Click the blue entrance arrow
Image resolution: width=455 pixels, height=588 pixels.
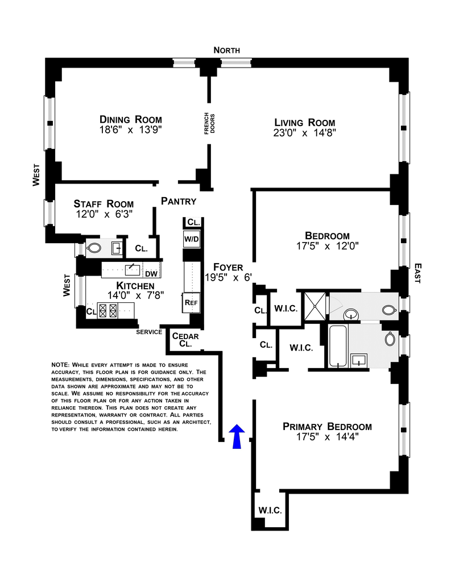click(x=237, y=436)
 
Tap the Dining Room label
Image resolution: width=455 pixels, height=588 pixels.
click(x=131, y=120)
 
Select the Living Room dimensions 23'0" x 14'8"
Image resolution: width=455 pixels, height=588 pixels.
click(x=304, y=133)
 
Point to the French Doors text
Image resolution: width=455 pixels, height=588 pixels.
click(x=209, y=123)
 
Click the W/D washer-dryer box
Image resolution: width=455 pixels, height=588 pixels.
click(x=192, y=239)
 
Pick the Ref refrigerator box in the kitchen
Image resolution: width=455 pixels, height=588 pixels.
click(x=191, y=302)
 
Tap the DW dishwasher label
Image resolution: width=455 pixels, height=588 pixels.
click(x=151, y=274)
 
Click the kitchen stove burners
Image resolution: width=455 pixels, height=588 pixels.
click(x=107, y=311)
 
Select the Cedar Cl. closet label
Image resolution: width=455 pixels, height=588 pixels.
click(x=185, y=340)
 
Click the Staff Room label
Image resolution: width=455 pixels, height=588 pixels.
click(x=104, y=204)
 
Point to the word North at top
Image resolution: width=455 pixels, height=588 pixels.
click(x=227, y=50)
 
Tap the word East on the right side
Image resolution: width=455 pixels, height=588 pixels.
click(x=418, y=273)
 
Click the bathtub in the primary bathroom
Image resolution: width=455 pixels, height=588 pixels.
click(x=338, y=346)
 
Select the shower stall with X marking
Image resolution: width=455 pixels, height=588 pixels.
click(x=315, y=306)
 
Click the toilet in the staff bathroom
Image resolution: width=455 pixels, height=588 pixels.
click(x=93, y=248)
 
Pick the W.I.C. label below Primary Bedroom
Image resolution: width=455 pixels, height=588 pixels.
click(x=270, y=510)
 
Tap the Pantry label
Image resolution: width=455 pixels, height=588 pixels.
click(x=179, y=201)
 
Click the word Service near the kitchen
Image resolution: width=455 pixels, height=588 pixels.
click(x=149, y=332)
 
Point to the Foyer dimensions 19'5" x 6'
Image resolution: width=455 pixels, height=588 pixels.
click(x=228, y=277)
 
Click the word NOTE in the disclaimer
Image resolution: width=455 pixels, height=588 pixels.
click(x=60, y=365)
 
